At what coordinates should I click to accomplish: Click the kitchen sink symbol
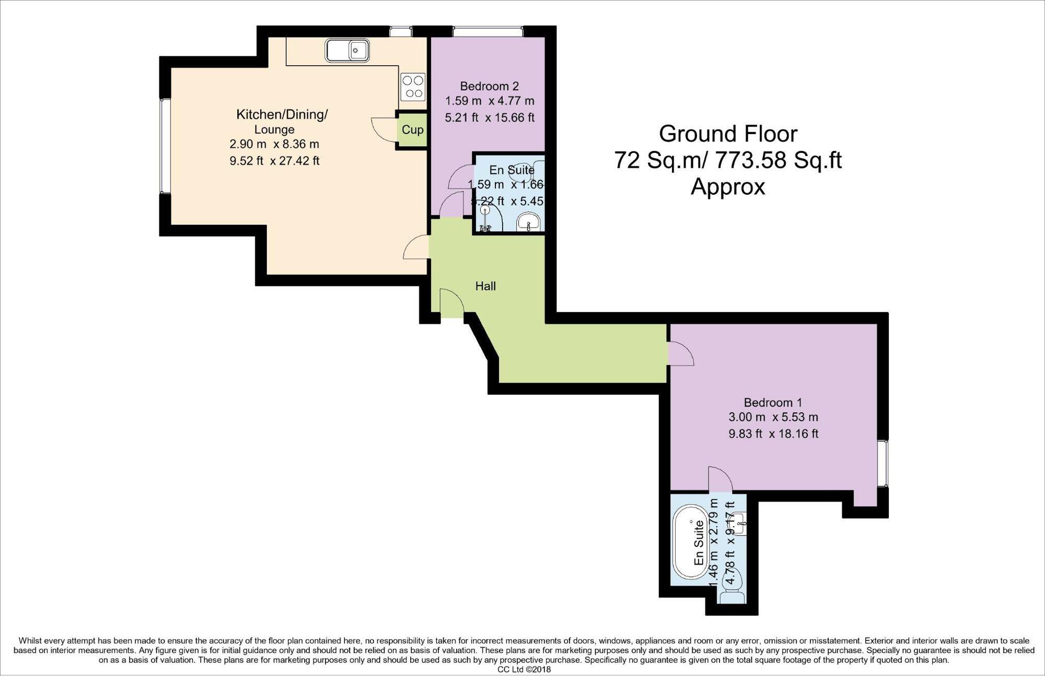[x=347, y=51]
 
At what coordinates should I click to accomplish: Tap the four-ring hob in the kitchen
[x=413, y=87]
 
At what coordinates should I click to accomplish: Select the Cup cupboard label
[x=412, y=129]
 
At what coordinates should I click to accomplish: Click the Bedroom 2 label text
[x=489, y=86]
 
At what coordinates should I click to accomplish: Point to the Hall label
[x=485, y=286]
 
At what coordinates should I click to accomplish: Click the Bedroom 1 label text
[x=773, y=402]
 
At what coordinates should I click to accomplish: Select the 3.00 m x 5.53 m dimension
[x=773, y=417]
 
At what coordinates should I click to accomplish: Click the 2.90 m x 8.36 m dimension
[x=274, y=144]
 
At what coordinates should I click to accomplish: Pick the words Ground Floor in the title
[x=728, y=134]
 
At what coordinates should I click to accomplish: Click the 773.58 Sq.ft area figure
[x=778, y=160]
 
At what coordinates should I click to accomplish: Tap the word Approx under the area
[x=728, y=187]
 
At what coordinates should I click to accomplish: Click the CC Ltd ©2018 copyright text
[x=524, y=670]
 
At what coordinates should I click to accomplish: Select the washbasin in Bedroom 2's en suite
[x=529, y=223]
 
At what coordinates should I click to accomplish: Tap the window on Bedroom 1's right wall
[x=883, y=463]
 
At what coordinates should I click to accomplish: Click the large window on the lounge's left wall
[x=165, y=146]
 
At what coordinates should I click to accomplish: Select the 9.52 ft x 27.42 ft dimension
[x=274, y=161]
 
